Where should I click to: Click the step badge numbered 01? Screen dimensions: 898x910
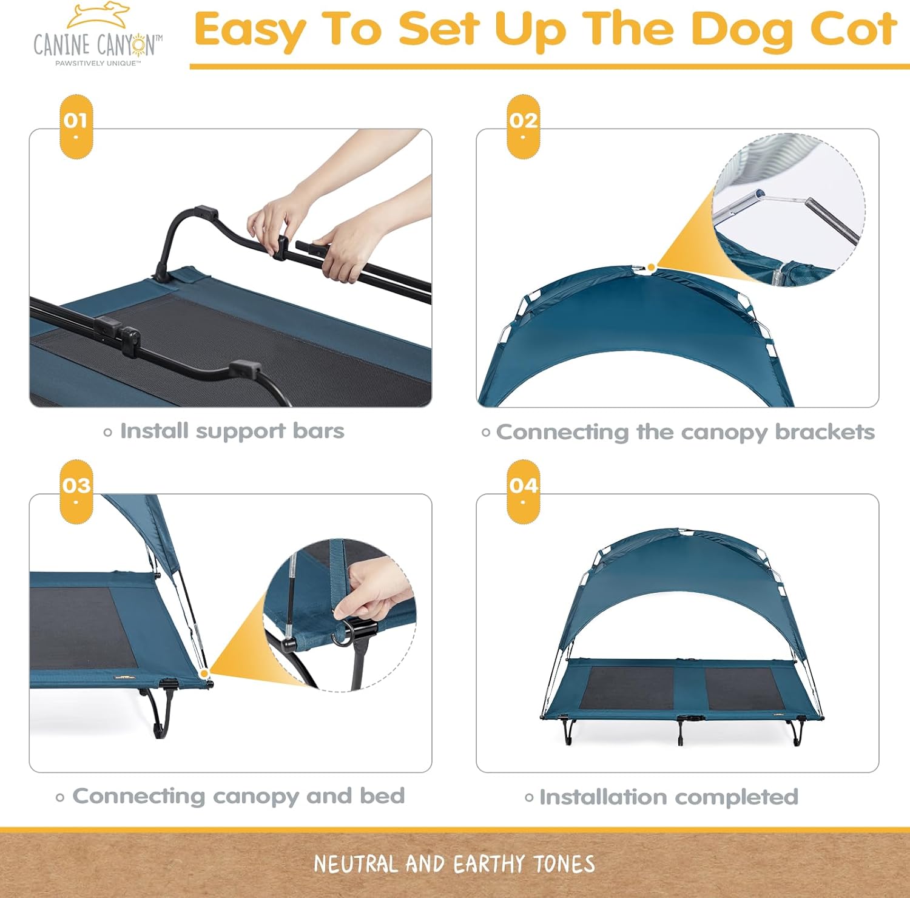76,126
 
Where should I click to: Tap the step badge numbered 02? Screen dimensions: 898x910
523,126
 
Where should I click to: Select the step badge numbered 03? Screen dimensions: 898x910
76,491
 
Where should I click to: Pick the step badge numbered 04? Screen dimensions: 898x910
523,491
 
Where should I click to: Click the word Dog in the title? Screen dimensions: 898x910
741,30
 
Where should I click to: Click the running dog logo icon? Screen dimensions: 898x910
99,16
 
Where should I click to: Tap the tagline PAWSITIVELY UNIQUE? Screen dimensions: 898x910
98,63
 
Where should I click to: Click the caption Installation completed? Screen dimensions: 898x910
668,797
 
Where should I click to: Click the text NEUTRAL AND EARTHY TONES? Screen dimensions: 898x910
454,863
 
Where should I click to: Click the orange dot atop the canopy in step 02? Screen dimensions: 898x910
651,267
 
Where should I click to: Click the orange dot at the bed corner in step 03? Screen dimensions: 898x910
204,673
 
